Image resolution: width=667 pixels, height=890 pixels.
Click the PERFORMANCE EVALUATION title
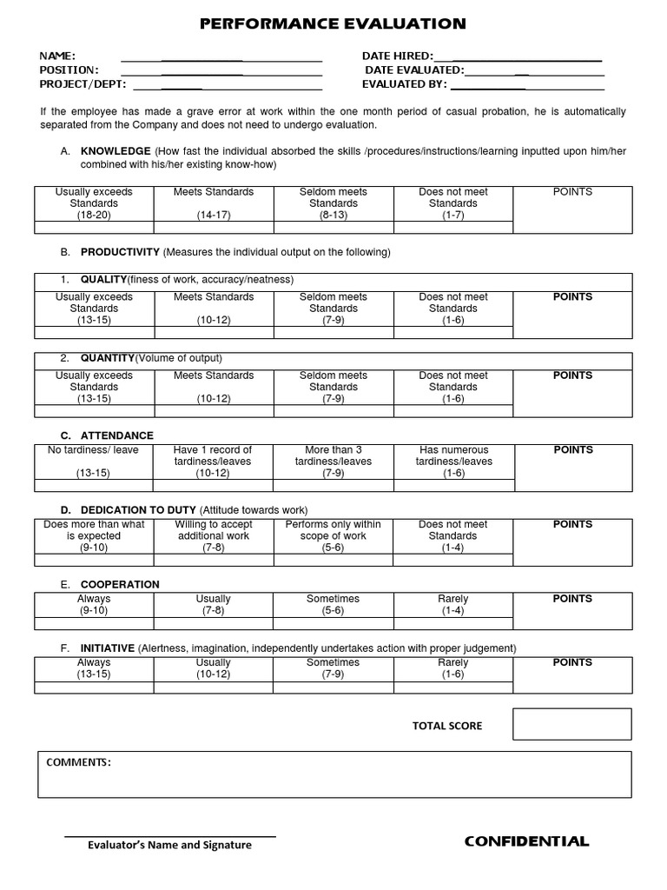333,23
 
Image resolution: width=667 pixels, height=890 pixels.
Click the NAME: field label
57,56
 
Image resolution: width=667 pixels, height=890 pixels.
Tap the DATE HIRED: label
397,56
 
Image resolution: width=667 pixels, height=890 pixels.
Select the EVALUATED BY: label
404,84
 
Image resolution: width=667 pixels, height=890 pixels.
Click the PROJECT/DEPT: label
83,84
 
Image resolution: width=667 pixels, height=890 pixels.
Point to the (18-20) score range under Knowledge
94,215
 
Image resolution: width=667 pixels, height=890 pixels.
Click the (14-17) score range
214,215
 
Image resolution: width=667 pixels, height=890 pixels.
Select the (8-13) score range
333,215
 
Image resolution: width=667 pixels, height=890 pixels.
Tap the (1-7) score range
453,215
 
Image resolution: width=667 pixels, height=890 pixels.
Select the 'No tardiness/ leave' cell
94,450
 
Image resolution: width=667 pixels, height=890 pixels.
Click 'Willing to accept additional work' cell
214,530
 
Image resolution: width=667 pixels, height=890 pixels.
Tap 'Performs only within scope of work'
333,530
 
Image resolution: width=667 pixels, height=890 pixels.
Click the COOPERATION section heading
120,584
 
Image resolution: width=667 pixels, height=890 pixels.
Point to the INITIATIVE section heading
107,648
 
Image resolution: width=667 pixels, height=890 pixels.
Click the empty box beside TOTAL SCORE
571,724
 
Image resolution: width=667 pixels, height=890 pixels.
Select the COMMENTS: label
78,762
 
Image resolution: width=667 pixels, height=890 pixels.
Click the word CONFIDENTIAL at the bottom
526,841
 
